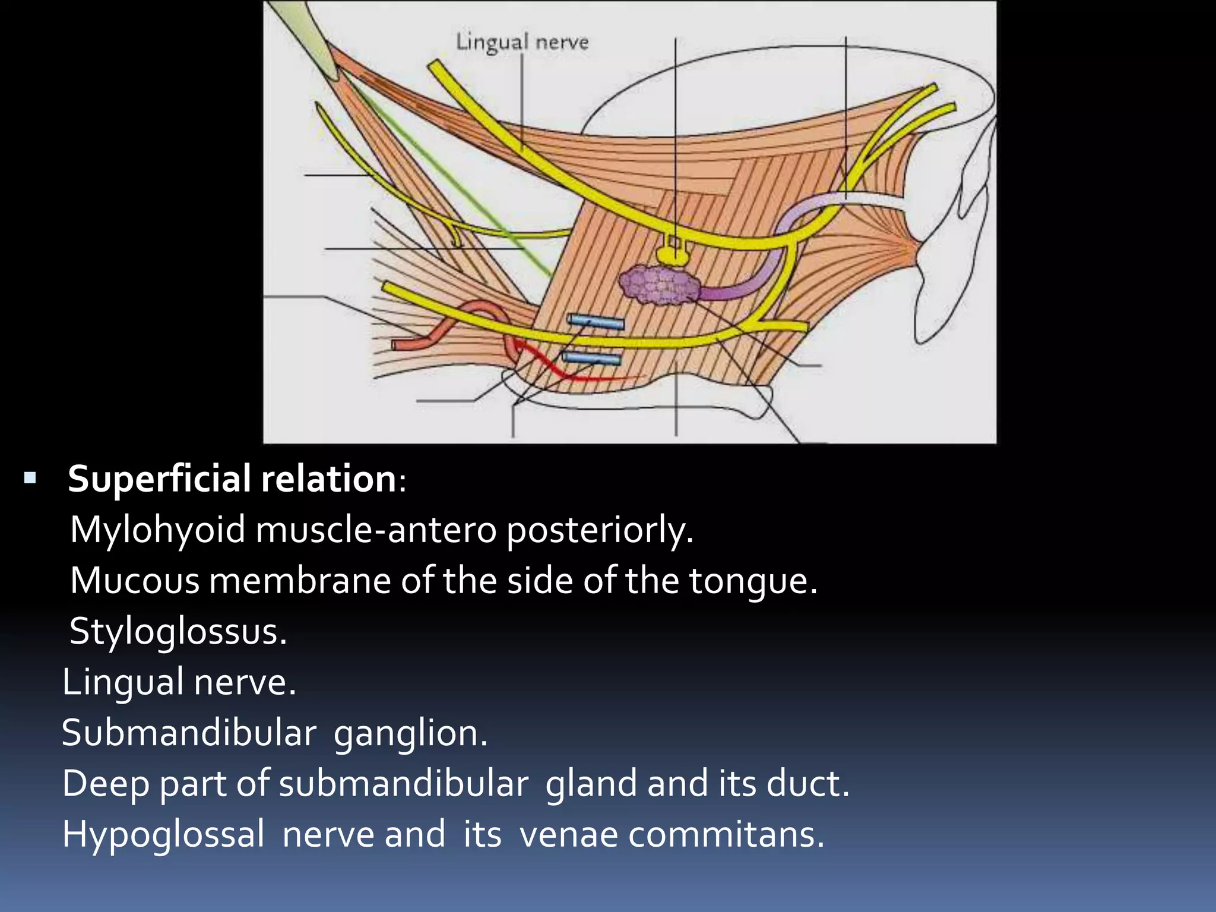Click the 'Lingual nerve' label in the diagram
click(522, 42)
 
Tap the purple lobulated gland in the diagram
click(658, 285)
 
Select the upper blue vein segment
click(596, 322)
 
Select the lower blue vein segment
click(591, 358)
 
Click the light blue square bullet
click(30, 477)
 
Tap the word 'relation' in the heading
click(328, 479)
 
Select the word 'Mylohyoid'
click(157, 530)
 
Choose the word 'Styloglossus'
click(178, 631)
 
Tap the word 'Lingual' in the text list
click(123, 682)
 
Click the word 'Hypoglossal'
click(163, 835)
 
